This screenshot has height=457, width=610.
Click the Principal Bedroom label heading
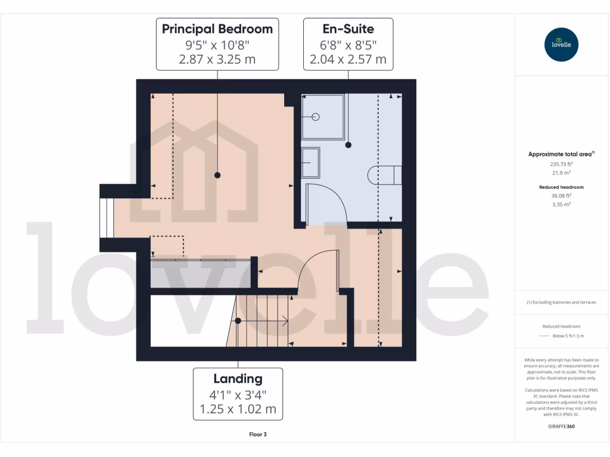pyautogui.click(x=217, y=29)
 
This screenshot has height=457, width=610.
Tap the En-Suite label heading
pyautogui.click(x=348, y=29)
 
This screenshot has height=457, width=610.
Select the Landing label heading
pyautogui.click(x=238, y=378)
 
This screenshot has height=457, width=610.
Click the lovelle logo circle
pyautogui.click(x=561, y=45)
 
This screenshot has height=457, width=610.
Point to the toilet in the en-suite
pyautogui.click(x=385, y=175)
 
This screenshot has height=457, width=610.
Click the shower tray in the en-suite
pyautogui.click(x=322, y=117)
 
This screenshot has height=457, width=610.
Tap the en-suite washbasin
pyautogui.click(x=310, y=162)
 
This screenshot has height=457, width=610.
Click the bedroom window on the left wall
pyautogui.click(x=105, y=217)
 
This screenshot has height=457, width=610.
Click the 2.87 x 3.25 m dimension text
pyautogui.click(x=217, y=60)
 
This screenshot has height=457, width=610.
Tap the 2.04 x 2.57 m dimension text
pyautogui.click(x=348, y=60)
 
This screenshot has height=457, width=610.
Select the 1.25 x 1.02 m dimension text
pyautogui.click(x=238, y=409)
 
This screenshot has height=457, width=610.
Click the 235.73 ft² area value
pyautogui.click(x=561, y=164)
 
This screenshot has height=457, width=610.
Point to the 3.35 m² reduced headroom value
pyautogui.click(x=561, y=204)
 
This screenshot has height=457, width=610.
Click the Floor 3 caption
pyautogui.click(x=258, y=434)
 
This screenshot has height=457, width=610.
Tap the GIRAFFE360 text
pyautogui.click(x=561, y=426)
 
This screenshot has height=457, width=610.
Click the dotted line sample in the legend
pyautogui.click(x=543, y=336)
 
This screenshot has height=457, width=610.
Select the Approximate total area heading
pyautogui.click(x=561, y=154)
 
